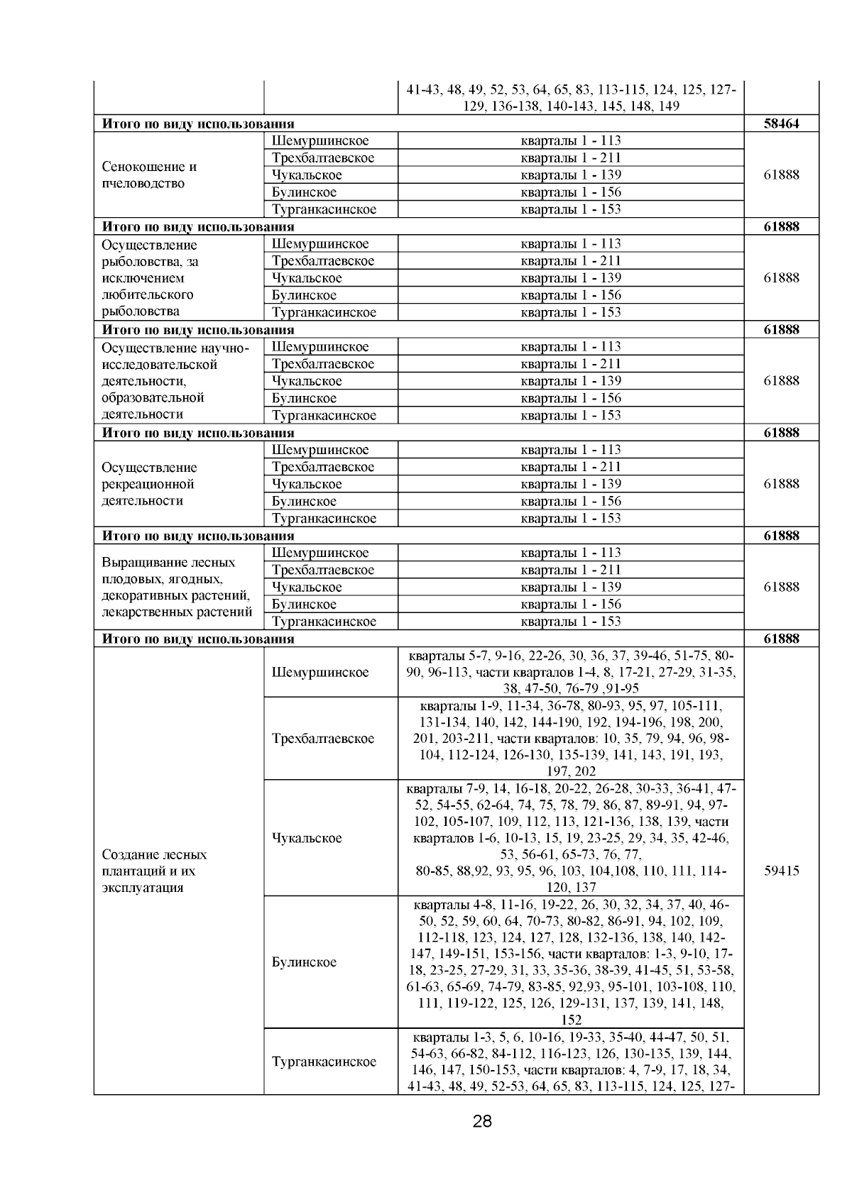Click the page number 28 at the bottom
(482, 1122)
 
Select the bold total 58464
(781, 123)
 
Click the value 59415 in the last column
(781, 871)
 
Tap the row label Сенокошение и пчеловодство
(150, 175)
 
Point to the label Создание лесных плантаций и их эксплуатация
(155, 871)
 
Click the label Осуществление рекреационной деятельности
(149, 484)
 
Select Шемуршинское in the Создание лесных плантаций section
(320, 672)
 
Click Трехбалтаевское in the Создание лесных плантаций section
(323, 739)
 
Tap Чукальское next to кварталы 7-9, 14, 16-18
(307, 838)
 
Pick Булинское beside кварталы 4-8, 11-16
(304, 962)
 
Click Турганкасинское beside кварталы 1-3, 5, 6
(324, 1062)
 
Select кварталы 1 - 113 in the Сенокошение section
(571, 140)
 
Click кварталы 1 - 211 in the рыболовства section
(571, 260)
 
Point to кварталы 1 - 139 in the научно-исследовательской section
(571, 381)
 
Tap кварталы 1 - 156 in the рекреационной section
(571, 501)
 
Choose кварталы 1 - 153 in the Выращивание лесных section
(571, 622)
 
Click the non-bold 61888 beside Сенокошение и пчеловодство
(781, 175)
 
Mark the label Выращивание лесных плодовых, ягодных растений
(177, 587)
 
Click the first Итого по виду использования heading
(198, 123)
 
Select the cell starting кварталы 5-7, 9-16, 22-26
(571, 671)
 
